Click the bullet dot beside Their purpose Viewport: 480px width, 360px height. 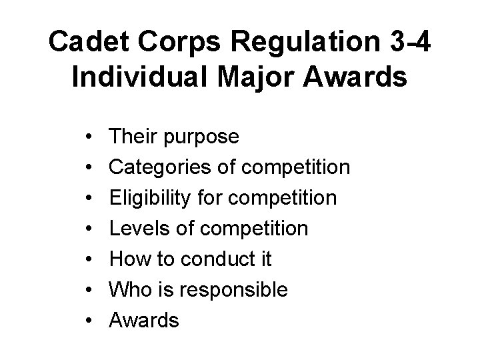[89, 137]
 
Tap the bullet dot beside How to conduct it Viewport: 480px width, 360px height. [89, 259]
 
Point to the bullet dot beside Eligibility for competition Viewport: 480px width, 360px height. [89, 198]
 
